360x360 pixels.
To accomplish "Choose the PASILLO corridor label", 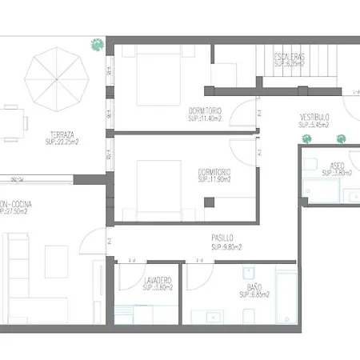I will [222, 238].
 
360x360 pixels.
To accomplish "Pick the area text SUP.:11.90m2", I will [212, 179].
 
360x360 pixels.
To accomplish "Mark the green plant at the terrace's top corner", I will [97, 45].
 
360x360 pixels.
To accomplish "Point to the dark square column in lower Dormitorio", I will [209, 202].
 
